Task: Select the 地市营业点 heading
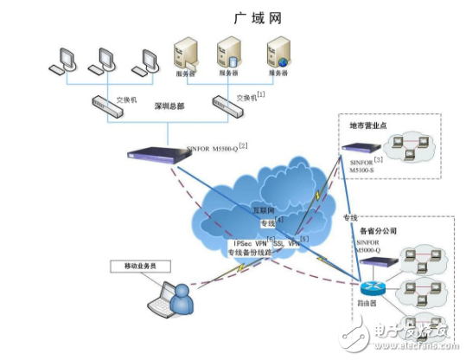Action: [367, 126]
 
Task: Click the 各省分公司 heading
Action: [378, 232]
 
